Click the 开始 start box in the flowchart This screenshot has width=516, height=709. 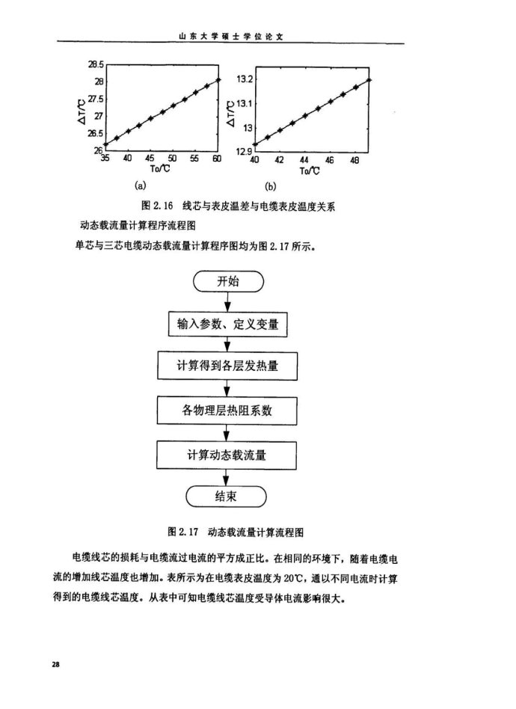[x=230, y=282]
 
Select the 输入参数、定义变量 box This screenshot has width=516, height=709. [x=230, y=325]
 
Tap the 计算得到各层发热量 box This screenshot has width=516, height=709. [x=230, y=367]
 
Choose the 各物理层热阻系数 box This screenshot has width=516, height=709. [x=230, y=410]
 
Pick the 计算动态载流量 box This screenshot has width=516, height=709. [x=230, y=454]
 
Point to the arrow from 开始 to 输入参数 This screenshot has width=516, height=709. [x=230, y=302]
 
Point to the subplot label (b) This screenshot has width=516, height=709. [x=271, y=185]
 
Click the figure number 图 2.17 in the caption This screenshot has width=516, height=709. [x=182, y=532]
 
